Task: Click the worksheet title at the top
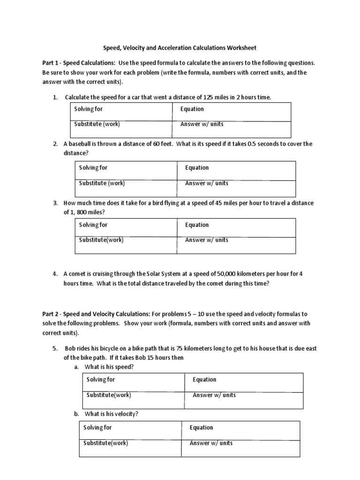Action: [180, 48]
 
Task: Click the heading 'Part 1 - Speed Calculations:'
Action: [79, 63]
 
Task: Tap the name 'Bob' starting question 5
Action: [70, 348]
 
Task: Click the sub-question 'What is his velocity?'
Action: [111, 414]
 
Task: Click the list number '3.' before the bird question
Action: [55, 203]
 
